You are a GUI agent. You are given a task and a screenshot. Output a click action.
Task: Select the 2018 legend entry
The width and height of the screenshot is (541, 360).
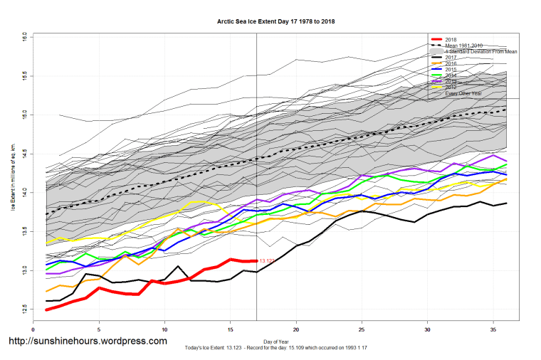450,39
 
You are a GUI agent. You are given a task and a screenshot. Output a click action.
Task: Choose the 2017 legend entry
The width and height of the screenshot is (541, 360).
450,58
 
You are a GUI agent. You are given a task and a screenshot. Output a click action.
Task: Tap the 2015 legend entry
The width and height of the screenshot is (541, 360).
450,70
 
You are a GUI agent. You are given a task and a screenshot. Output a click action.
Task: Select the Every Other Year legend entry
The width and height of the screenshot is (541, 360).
462,92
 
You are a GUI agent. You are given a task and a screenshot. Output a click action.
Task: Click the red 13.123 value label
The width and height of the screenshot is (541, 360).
268,261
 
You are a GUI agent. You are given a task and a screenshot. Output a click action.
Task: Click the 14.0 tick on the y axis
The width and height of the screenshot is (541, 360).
24,192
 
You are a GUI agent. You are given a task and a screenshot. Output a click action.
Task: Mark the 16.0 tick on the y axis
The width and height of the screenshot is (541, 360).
24,35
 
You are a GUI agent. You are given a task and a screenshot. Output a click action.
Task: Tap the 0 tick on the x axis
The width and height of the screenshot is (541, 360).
33,329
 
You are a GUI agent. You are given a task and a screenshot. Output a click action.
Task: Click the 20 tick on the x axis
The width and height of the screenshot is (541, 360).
296,329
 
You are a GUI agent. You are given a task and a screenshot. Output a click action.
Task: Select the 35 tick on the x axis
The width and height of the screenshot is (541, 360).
493,329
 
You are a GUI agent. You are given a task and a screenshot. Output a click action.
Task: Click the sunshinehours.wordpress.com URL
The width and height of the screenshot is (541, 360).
86,342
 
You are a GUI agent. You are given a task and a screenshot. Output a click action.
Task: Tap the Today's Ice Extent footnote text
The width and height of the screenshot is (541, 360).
270,349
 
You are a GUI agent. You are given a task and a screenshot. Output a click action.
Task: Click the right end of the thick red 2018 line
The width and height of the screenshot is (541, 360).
256,260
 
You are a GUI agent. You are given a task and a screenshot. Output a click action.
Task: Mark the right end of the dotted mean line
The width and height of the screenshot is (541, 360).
505,110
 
